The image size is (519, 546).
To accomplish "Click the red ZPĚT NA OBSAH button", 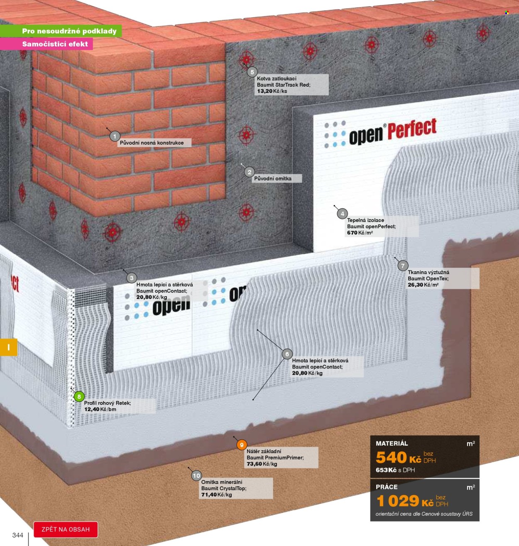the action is click(66, 529).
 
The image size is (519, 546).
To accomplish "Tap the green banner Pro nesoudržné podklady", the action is click(61, 31).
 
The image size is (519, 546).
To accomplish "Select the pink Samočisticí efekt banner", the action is click(46, 44).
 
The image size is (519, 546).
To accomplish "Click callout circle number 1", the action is click(115, 136).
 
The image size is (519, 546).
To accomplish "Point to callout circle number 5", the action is click(252, 72).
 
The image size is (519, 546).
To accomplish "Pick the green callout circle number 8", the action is click(79, 397).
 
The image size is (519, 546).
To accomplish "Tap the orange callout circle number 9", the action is click(242, 445).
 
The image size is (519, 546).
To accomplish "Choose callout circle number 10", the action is click(196, 476).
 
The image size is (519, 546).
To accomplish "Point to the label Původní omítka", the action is click(273, 178).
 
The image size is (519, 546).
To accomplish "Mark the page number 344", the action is click(18, 535).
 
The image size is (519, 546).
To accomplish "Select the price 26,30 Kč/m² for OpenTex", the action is click(423, 285).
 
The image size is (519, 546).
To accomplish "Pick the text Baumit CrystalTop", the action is click(224, 488).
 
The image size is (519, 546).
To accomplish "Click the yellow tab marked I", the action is click(8, 347).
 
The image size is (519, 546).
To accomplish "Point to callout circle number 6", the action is click(287, 354).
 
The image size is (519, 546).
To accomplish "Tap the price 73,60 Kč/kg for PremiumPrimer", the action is click(262, 464).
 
